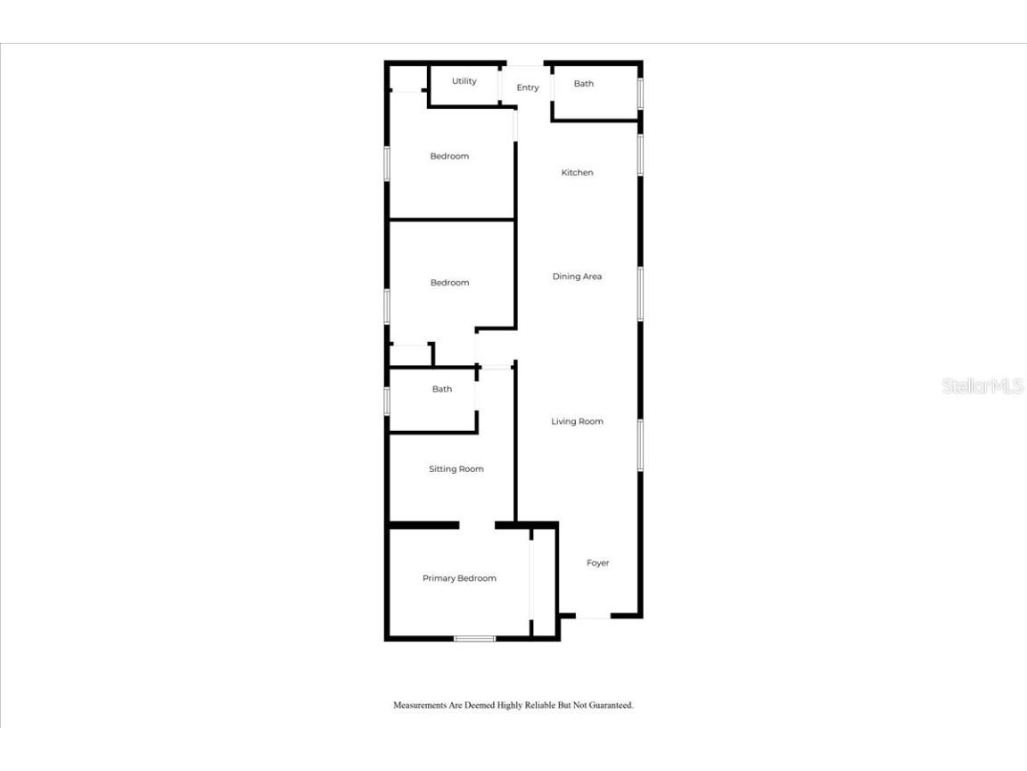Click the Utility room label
[464, 81]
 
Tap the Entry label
[528, 87]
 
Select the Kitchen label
[577, 172]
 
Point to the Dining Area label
[577, 277]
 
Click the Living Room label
[577, 421]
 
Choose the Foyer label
[597, 563]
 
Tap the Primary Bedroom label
[459, 578]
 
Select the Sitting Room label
[456, 468]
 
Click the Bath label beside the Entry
[583, 84]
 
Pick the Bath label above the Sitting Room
[442, 389]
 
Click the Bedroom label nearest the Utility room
[449, 156]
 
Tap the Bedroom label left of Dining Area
[449, 283]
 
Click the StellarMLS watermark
[982, 386]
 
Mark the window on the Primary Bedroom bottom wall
[474, 638]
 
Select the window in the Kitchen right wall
[640, 154]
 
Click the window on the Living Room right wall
[640, 444]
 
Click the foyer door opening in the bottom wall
[593, 616]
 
